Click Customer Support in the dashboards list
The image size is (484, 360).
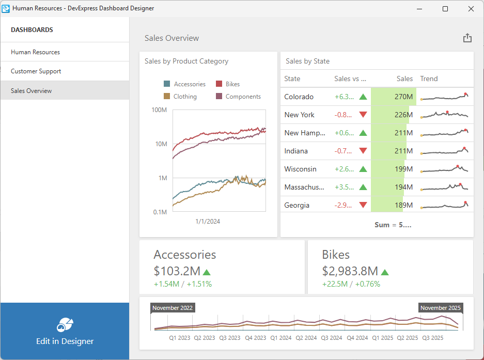(36, 71)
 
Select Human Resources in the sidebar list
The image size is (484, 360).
(35, 52)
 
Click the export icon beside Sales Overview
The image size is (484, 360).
(467, 38)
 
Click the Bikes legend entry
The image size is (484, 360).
(232, 84)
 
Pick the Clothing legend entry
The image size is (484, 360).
(185, 97)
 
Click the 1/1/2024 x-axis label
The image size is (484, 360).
(208, 222)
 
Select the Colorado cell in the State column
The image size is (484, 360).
(299, 97)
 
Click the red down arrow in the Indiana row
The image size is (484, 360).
(363, 151)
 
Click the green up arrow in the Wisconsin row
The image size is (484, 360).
(363, 169)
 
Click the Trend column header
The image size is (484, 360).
(429, 79)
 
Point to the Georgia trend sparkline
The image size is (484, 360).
(444, 205)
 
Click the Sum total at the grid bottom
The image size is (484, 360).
(393, 225)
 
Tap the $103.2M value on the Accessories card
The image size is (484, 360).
(177, 271)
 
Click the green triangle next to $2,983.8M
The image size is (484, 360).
(385, 272)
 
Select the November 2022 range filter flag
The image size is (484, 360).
(173, 308)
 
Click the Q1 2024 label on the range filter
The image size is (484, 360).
(282, 338)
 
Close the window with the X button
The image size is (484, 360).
(471, 9)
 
